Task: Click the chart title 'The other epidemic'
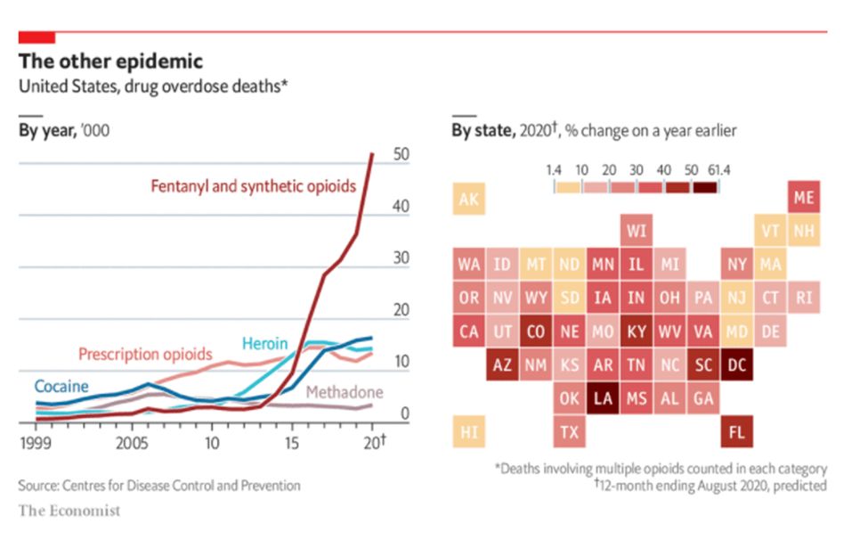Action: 111,61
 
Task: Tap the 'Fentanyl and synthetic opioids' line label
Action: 253,186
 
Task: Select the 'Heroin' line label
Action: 264,344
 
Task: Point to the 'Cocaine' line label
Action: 61,386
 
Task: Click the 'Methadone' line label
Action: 345,392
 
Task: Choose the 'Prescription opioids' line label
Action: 145,354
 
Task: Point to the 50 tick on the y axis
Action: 402,154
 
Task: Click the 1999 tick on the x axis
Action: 36,441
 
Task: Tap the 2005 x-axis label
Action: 133,441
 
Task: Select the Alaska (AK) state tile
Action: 469,199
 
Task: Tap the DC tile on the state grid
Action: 736,364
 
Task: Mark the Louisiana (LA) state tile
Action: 603,398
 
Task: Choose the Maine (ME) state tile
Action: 804,198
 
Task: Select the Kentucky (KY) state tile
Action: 636,331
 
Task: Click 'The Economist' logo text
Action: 69,511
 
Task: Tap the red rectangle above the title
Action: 37,37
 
